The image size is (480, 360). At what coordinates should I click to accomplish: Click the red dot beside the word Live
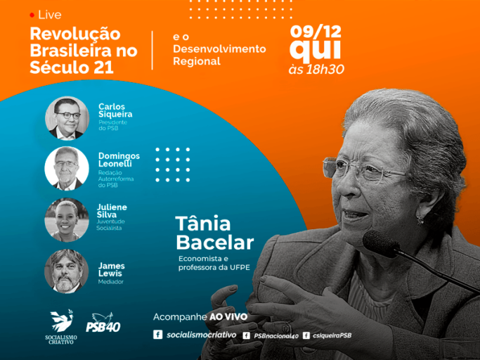(32, 15)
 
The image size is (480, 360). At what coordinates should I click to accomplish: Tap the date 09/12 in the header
(316, 32)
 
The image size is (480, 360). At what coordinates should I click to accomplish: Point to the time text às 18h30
(316, 70)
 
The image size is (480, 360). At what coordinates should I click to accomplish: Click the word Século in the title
(60, 67)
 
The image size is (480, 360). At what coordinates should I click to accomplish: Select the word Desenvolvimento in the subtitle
(219, 49)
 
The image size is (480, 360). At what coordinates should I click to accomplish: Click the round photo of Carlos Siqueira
(67, 118)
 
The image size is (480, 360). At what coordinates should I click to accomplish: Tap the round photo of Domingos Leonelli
(67, 169)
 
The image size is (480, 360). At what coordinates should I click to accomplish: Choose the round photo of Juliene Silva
(67, 219)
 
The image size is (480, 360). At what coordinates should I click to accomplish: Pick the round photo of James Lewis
(67, 271)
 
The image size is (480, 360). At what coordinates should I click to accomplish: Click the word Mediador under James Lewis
(111, 282)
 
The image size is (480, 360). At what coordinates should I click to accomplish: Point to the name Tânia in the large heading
(203, 224)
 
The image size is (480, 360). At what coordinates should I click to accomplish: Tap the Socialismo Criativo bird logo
(62, 321)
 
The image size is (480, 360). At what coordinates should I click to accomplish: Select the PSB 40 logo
(103, 322)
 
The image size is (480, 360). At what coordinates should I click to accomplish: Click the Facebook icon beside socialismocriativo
(157, 334)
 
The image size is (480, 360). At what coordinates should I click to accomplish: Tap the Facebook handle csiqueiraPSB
(332, 335)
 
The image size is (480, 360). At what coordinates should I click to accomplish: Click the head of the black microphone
(380, 243)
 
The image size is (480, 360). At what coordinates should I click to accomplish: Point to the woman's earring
(420, 219)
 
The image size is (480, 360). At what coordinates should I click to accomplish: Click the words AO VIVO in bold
(228, 317)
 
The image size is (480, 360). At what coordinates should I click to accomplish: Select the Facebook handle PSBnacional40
(276, 336)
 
